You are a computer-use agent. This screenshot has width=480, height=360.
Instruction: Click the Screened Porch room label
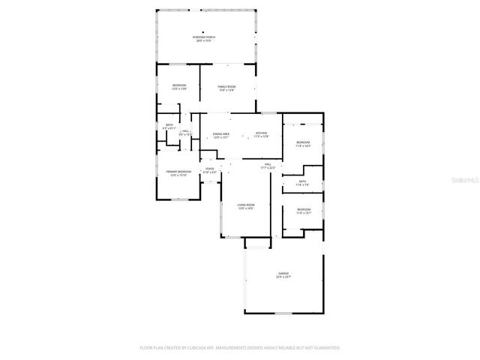[204, 37]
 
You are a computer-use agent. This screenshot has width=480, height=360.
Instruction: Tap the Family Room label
[227, 87]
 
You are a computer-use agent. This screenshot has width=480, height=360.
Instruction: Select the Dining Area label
[221, 133]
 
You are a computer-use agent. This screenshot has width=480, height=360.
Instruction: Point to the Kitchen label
[261, 133]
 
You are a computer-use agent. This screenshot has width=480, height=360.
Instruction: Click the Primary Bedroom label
[178, 172]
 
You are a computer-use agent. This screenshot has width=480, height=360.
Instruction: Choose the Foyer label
[209, 169]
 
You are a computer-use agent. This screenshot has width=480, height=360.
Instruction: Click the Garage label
[283, 273]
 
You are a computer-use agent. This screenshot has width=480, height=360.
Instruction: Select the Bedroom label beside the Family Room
[179, 86]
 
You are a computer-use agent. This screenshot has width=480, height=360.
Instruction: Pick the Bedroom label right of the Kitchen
[303, 142]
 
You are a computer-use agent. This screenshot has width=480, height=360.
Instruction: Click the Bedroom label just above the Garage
[303, 209]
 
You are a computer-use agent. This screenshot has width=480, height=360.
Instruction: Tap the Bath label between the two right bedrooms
[302, 181]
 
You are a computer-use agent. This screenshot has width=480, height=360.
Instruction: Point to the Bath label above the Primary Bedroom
[169, 125]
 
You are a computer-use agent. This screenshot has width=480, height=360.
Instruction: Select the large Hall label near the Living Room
[267, 163]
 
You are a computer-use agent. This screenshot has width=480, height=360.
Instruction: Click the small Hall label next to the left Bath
[185, 131]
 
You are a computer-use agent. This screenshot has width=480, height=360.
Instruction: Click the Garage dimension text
[283, 277]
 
